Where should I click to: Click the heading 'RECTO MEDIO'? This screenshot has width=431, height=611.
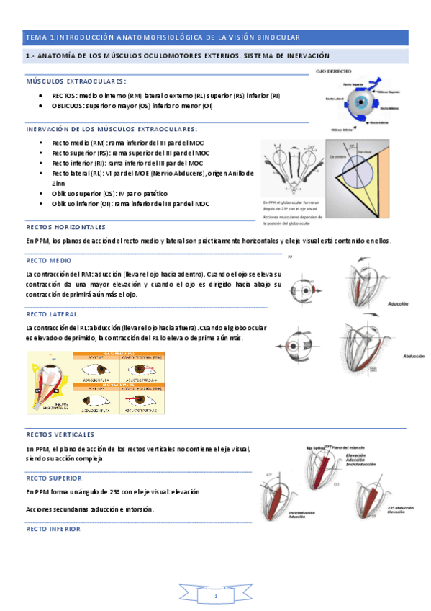pyautogui.click(x=48, y=261)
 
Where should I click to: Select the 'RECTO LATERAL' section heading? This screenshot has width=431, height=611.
pyautogui.click(x=51, y=314)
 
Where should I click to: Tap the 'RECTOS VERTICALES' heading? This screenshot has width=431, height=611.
pyautogui.click(x=60, y=434)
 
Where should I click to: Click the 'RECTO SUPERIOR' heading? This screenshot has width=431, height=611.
pyautogui.click(x=53, y=478)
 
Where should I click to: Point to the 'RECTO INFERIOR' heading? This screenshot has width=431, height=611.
pyautogui.click(x=53, y=528)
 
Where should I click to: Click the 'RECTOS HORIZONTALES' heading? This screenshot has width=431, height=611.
pyautogui.click(x=65, y=226)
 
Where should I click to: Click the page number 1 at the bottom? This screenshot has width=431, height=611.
pyautogui.click(x=215, y=597)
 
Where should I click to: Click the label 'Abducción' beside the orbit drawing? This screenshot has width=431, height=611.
pyautogui.click(x=413, y=356)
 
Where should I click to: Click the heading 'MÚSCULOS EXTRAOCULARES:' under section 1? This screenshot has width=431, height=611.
pyautogui.click(x=76, y=82)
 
